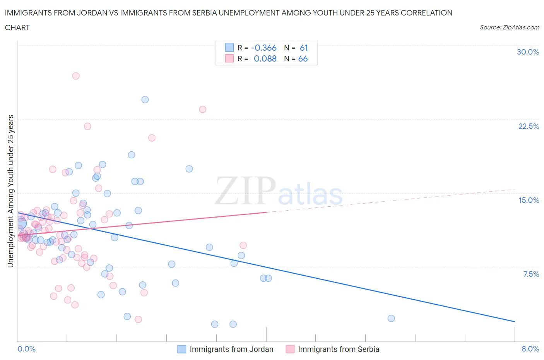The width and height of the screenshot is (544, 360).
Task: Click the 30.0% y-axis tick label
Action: pos(528,52)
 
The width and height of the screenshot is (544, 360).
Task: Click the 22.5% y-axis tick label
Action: pos(529,126)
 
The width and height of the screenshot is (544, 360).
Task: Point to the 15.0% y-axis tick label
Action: pos(529,200)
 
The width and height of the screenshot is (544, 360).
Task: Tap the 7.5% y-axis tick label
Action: pos(531,274)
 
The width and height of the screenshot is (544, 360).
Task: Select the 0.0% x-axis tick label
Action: pos(26,349)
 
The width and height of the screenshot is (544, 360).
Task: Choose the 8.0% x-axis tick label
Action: pos(530,349)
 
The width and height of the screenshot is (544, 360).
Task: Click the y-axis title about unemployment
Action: pos(10,191)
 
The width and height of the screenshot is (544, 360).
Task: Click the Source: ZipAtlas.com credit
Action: pos(509,27)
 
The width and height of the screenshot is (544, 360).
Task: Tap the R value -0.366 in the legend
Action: pos(263,48)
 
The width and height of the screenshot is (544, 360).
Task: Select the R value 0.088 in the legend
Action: pos(265,58)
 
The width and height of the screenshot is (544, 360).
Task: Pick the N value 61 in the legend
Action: pos(304,48)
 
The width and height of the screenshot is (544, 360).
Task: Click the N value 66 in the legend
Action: pos(303,58)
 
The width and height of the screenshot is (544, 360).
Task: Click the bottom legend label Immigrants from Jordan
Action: pos(231,349)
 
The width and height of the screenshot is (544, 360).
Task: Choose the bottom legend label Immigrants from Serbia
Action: pos(339,349)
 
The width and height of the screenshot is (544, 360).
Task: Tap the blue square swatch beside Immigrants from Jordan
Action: pos(181,349)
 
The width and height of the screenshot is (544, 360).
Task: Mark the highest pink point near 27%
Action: pos(76,76)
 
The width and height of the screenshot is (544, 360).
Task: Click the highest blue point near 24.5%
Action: pos(145,99)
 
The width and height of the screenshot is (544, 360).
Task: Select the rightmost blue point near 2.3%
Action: pos(391,318)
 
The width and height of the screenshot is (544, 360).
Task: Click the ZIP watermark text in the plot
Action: pos(245,190)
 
